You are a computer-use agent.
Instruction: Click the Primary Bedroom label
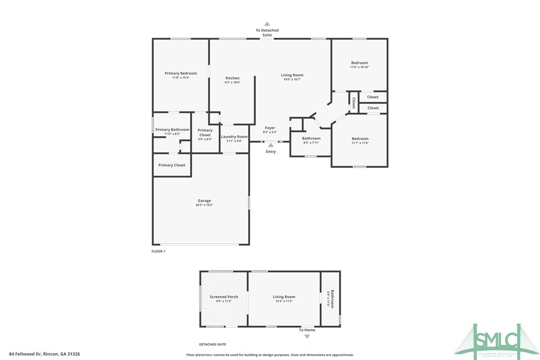click(180, 73)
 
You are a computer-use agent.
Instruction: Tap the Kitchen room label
click(232, 78)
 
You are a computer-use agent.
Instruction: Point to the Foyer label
click(270, 128)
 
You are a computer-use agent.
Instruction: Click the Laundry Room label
click(234, 137)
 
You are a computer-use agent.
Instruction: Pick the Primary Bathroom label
click(172, 130)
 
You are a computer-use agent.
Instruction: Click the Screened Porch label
click(224, 297)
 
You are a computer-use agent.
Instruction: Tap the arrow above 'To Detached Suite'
click(267, 23)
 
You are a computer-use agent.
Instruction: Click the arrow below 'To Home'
click(307, 337)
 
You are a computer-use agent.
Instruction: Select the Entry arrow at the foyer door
click(270, 145)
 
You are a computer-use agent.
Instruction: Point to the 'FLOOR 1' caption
click(158, 252)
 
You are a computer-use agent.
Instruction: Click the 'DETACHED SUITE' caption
click(212, 344)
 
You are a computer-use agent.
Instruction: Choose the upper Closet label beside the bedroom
click(373, 97)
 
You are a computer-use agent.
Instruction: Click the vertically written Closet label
click(354, 103)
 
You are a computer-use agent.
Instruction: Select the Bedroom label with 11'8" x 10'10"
click(360, 63)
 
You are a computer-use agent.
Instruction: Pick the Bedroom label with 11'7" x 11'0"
click(360, 139)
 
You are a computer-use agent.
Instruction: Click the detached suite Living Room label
click(284, 297)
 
